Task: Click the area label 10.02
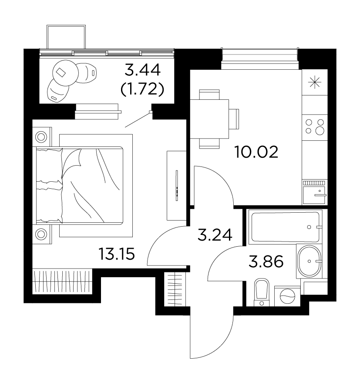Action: [x=256, y=152]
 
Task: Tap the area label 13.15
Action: [x=117, y=254]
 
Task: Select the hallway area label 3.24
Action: [x=215, y=235]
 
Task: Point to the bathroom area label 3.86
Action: [x=266, y=262]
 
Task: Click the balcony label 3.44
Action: [x=143, y=70]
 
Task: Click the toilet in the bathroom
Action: [x=262, y=292]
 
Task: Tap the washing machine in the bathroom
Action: [x=287, y=296]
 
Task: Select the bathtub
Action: [x=286, y=227]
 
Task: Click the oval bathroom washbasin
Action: [x=309, y=261]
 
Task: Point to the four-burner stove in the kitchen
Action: [x=315, y=126]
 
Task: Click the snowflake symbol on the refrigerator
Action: [x=315, y=82]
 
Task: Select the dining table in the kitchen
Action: [x=209, y=119]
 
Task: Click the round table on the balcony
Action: [x=65, y=73]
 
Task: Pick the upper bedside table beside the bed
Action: [x=42, y=137]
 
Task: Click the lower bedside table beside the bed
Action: [x=42, y=234]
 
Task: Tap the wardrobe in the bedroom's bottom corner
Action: [x=62, y=281]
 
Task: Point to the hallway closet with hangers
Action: [x=175, y=289]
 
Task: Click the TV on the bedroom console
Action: [x=177, y=186]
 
